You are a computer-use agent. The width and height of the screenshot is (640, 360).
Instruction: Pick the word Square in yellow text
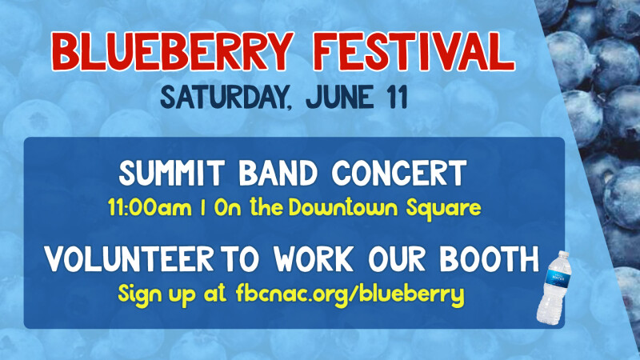[x=442, y=210]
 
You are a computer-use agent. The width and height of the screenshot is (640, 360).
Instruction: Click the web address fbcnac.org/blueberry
[x=350, y=294]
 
